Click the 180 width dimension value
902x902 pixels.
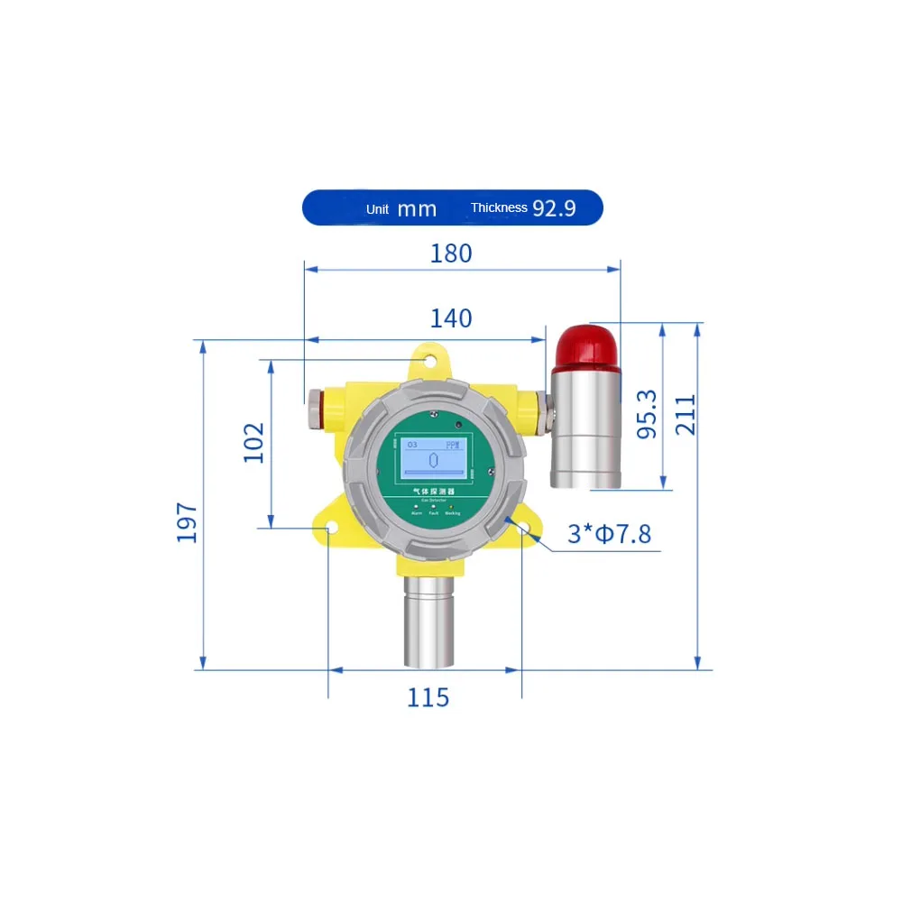point(451,253)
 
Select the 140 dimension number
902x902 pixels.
point(451,318)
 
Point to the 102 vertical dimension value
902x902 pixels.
point(255,443)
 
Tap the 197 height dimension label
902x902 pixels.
point(187,522)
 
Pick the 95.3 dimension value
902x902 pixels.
point(647,414)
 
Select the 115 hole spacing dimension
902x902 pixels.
point(428,697)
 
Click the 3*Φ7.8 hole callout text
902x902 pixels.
point(609,534)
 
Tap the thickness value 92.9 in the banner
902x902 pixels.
point(554,208)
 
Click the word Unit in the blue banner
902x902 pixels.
point(377,209)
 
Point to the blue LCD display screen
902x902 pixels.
point(430,458)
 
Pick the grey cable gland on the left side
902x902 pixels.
point(315,408)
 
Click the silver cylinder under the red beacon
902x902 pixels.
point(585,428)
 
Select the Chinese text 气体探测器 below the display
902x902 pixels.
point(430,491)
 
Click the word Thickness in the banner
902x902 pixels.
point(499,208)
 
